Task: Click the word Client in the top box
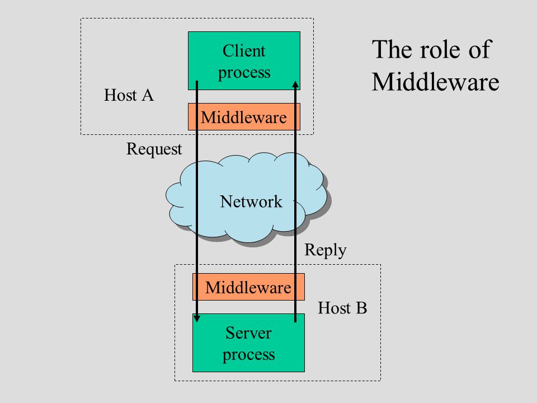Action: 244,51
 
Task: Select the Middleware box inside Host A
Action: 244,117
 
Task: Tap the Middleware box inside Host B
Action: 248,287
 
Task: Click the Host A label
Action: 129,95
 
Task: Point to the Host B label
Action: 342,308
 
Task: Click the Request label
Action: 154,149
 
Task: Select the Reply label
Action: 326,250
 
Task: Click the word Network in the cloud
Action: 251,201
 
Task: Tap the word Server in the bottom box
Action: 248,332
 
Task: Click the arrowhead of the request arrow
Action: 197,318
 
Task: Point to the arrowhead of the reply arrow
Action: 295,85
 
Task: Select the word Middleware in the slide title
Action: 435,82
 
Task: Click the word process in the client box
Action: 244,73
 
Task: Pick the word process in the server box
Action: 248,355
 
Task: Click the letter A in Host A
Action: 148,95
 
